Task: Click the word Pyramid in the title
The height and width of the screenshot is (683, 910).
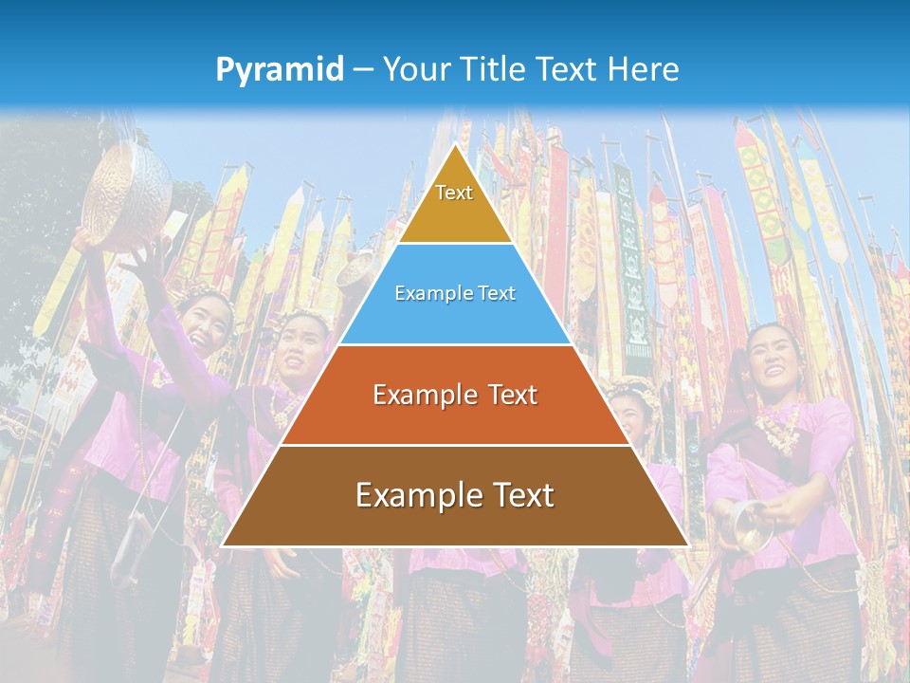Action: click(280, 69)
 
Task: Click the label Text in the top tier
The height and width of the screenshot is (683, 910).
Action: click(454, 193)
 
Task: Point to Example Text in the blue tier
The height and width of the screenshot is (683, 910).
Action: click(455, 293)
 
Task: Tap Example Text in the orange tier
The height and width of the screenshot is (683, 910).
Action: click(455, 395)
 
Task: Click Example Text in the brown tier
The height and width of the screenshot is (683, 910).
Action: click(455, 494)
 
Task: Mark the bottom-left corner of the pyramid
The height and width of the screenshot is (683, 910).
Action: click(222, 545)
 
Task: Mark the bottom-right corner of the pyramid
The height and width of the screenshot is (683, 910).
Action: click(688, 545)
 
